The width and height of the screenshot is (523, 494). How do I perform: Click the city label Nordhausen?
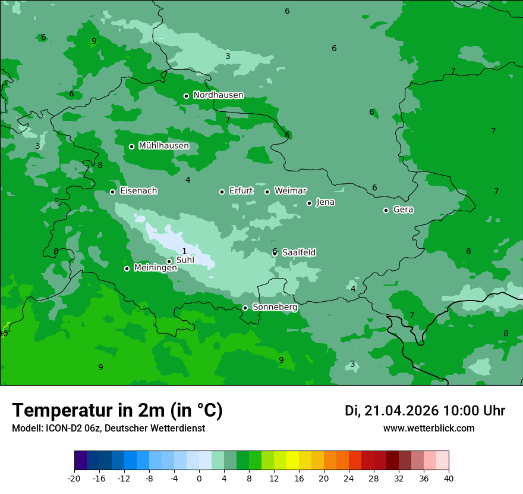coord(218,95)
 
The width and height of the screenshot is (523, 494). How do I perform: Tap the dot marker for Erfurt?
coord(222,192)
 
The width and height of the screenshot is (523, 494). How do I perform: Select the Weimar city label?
coord(290,191)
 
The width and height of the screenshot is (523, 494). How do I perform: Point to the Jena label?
coord(325,202)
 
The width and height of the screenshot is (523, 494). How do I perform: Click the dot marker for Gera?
coord(386,210)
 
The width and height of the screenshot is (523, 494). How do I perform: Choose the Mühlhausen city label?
coord(163,146)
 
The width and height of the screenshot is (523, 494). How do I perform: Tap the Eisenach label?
coord(138,191)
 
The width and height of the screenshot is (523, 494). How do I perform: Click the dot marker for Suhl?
coord(169,261)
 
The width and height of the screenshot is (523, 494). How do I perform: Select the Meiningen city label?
coord(155,268)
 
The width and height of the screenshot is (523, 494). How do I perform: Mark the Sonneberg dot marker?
coord(245,308)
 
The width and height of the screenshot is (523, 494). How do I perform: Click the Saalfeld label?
coord(298,253)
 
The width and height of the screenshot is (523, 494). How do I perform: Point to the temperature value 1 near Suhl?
coord(184,251)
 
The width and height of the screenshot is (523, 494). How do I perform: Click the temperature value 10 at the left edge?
coord(4,334)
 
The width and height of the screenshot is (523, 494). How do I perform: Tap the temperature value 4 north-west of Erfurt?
coord(188,180)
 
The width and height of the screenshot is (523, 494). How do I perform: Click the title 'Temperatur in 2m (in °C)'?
coord(117,411)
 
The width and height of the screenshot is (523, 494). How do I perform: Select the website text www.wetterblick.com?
coord(429,429)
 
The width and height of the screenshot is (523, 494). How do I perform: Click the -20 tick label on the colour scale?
coord(74,478)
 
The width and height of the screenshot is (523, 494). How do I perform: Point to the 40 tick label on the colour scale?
coord(449,478)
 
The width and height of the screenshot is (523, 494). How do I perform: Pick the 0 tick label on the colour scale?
coord(199,478)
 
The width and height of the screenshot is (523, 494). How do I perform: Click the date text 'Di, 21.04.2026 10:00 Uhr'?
coord(425,411)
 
